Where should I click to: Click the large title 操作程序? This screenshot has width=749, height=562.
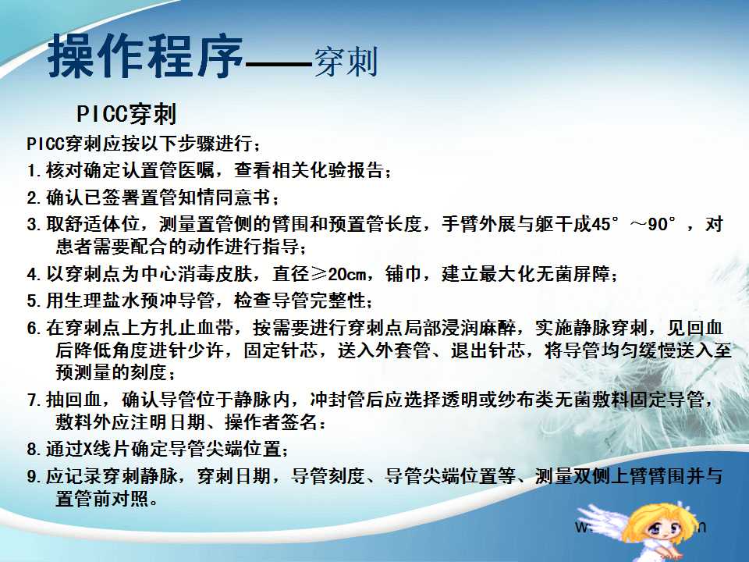click(x=146, y=56)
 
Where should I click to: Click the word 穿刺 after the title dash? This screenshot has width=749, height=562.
click(x=346, y=61)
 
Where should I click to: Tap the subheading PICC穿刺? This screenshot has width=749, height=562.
click(x=126, y=114)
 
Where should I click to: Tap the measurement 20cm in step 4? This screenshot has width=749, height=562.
click(x=347, y=274)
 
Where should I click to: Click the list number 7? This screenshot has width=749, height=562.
click(x=32, y=400)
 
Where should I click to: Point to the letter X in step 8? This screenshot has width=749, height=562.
click(x=88, y=450)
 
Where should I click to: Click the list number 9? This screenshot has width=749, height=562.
click(x=32, y=477)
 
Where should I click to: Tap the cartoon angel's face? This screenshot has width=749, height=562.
click(x=666, y=527)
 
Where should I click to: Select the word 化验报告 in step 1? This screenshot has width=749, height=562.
click(x=346, y=170)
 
